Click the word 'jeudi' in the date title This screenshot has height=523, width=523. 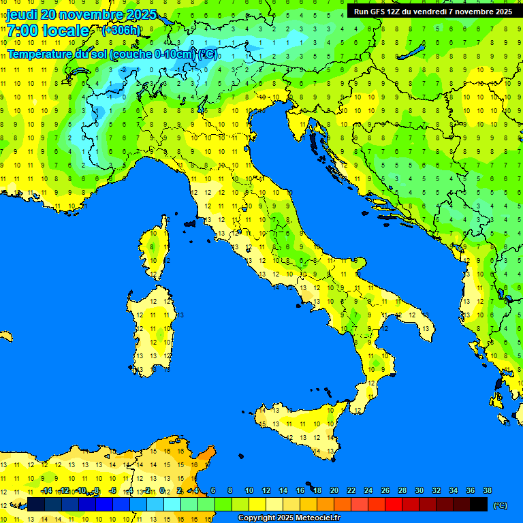pos(22,14)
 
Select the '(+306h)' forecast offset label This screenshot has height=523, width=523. pos(121,31)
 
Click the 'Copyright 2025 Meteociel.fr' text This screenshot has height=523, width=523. pos(289,518)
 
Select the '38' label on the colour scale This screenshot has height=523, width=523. pos(487,490)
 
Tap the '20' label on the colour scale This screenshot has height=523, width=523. pos(334,490)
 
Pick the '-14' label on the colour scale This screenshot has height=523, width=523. pos(47,490)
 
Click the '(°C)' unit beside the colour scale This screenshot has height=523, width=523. pos(500,505)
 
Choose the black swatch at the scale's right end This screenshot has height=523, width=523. pos(479,504)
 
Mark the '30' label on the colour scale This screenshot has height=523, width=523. pos(419,490)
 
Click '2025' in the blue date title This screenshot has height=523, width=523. pos(141,14)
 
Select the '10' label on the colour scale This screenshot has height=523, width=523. pos(249,490)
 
